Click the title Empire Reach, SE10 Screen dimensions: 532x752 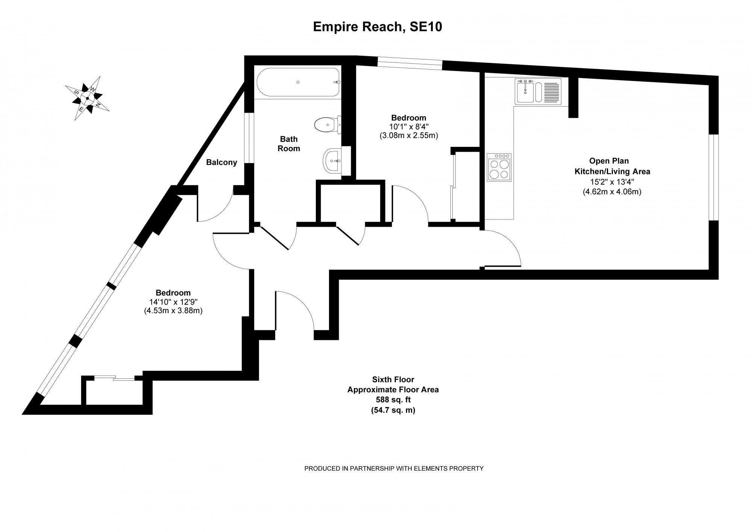click(377, 27)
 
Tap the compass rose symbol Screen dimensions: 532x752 click(87, 98)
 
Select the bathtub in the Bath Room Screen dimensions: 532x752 click(298, 82)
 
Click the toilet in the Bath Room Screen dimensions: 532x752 click(327, 125)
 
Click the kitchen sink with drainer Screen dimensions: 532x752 click(538, 91)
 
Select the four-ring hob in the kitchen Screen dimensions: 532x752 click(499, 167)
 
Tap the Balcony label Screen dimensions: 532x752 click(221, 162)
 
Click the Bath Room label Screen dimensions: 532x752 click(288, 144)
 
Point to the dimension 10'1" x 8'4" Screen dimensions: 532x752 click(408, 127)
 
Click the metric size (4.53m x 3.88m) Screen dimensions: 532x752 click(173, 311)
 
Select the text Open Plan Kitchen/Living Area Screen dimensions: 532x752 click(612, 166)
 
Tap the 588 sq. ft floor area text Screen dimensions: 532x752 click(393, 400)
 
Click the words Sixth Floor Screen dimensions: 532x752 click(393, 380)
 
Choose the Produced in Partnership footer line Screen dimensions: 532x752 click(393, 468)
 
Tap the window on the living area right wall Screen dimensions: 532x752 click(713, 177)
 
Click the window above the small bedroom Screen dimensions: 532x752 click(410, 63)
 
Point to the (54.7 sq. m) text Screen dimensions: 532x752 click(393, 410)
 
